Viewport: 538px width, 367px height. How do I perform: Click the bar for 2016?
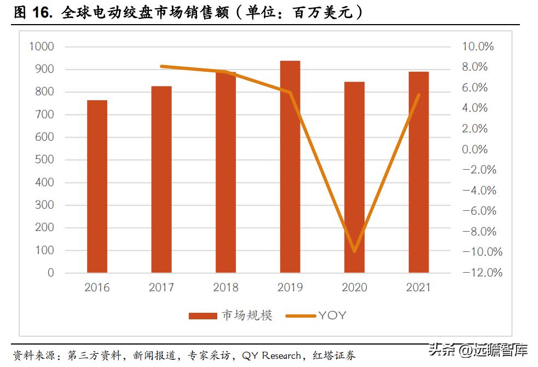click(x=97, y=186)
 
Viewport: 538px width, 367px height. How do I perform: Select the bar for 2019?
click(x=290, y=167)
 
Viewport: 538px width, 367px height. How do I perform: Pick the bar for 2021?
click(x=419, y=172)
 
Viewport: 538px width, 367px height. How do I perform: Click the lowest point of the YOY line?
click(x=354, y=251)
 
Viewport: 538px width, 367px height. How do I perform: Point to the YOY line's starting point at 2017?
click(x=162, y=66)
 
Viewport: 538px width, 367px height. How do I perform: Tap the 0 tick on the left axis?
click(x=51, y=273)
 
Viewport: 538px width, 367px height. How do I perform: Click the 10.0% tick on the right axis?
click(x=478, y=47)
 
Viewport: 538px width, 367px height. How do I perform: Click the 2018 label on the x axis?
click(x=226, y=288)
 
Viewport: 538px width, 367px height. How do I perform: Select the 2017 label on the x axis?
click(x=162, y=288)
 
